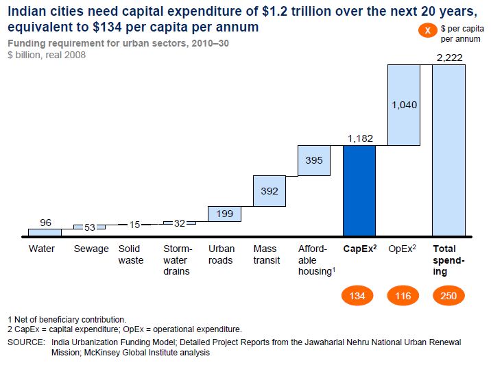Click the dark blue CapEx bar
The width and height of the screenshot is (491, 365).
[359, 190]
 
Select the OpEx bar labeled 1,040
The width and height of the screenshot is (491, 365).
[403, 105]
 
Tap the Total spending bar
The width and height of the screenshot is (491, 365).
[449, 150]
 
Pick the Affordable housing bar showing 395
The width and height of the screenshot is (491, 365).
[314, 160]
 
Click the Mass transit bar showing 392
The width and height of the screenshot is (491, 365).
[270, 191]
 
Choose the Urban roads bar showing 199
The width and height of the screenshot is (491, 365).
[224, 214]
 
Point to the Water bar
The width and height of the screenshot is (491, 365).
[45, 232]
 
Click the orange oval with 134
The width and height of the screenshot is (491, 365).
[359, 296]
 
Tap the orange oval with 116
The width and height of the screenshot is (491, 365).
[403, 296]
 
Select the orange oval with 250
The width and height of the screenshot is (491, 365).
[448, 296]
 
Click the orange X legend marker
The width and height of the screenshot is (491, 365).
[427, 32]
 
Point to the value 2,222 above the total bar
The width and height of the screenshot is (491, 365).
[449, 58]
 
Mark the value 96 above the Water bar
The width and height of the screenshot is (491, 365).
[45, 222]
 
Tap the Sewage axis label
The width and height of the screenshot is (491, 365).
[91, 249]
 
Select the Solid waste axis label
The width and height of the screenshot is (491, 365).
[131, 254]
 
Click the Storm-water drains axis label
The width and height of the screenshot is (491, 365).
[178, 260]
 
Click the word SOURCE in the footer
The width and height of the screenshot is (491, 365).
[26, 342]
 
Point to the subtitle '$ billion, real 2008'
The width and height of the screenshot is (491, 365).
[47, 55]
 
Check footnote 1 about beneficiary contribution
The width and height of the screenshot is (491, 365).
[67, 319]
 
